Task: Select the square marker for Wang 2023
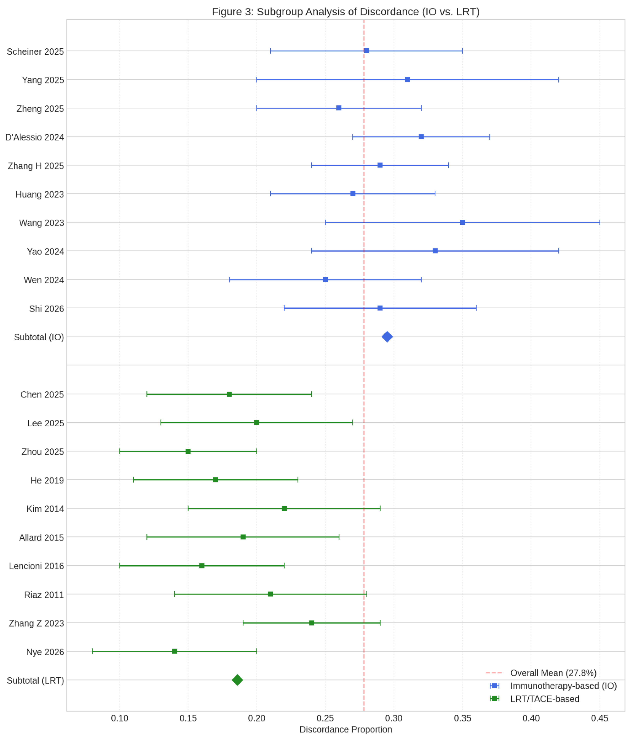coord(462,222)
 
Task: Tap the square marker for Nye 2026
coord(174,651)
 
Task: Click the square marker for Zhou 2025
coord(188,451)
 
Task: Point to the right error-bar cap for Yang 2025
coord(558,79)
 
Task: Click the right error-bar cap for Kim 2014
coord(380,508)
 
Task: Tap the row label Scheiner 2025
coord(35,52)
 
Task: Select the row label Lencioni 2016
coord(36,566)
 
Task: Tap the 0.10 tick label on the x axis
coord(120,718)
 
